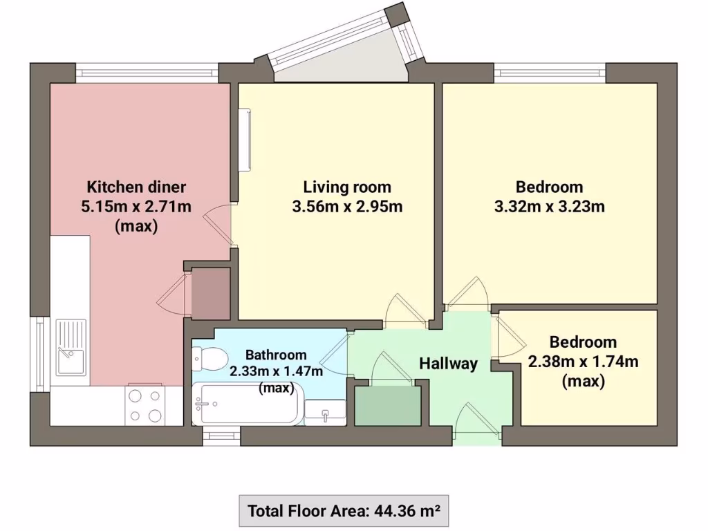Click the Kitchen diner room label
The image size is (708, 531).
point(136,187)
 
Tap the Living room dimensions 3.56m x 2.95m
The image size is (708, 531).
point(347,206)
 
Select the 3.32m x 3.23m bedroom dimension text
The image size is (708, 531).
point(549,206)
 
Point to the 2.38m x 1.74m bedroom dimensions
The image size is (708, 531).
point(582,361)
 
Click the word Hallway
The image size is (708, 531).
point(448,364)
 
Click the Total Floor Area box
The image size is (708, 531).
point(344,512)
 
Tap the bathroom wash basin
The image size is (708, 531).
point(325,414)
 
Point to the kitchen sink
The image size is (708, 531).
point(71,351)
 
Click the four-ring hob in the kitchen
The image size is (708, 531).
point(145,405)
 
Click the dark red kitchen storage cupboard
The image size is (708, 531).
point(210,293)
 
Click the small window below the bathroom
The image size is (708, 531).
point(221,436)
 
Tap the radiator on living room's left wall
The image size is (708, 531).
point(245,139)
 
